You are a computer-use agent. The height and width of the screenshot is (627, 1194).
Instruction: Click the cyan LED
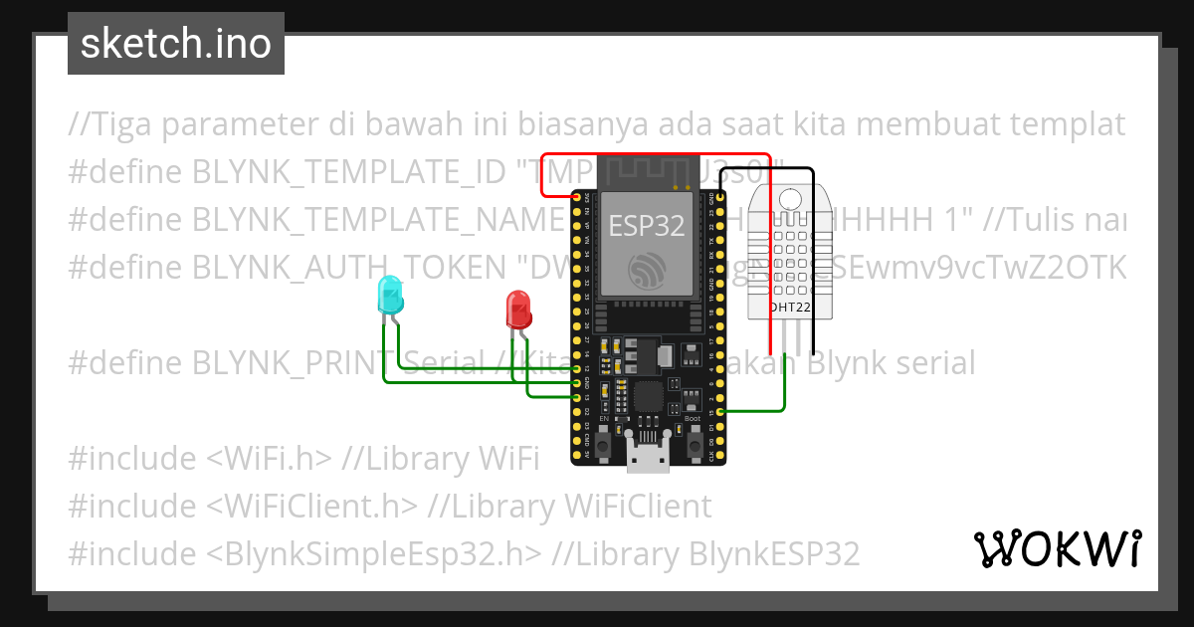tap(389, 296)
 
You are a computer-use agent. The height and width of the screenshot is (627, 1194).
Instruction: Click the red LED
tap(518, 310)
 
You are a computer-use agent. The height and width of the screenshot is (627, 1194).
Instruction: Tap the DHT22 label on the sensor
tap(791, 310)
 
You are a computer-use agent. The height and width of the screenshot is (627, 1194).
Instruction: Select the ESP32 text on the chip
tap(647, 226)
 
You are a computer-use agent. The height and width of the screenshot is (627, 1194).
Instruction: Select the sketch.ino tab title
tap(176, 44)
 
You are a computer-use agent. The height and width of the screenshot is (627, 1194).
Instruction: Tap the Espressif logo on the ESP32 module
tap(648, 271)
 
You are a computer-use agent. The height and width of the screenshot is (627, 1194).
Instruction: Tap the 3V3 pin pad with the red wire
tap(577, 197)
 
